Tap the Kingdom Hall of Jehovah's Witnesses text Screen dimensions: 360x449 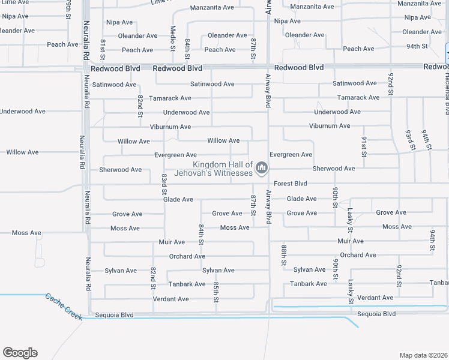click(213, 169)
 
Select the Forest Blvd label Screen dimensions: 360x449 click(291, 184)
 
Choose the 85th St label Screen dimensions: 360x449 click(215, 288)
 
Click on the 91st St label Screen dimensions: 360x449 click(364, 146)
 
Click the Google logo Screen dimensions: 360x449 click(20, 353)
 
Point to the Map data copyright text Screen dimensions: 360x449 click(423, 355)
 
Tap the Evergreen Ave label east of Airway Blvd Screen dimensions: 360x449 click(291, 155)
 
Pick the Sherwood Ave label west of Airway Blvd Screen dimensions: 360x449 click(120, 170)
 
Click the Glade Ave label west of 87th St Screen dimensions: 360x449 click(178, 199)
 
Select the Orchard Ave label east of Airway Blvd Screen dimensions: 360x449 click(358, 255)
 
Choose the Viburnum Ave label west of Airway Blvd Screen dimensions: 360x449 click(170, 127)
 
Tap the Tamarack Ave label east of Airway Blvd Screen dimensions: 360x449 click(358, 97)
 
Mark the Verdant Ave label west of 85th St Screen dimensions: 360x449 click(170, 299)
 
